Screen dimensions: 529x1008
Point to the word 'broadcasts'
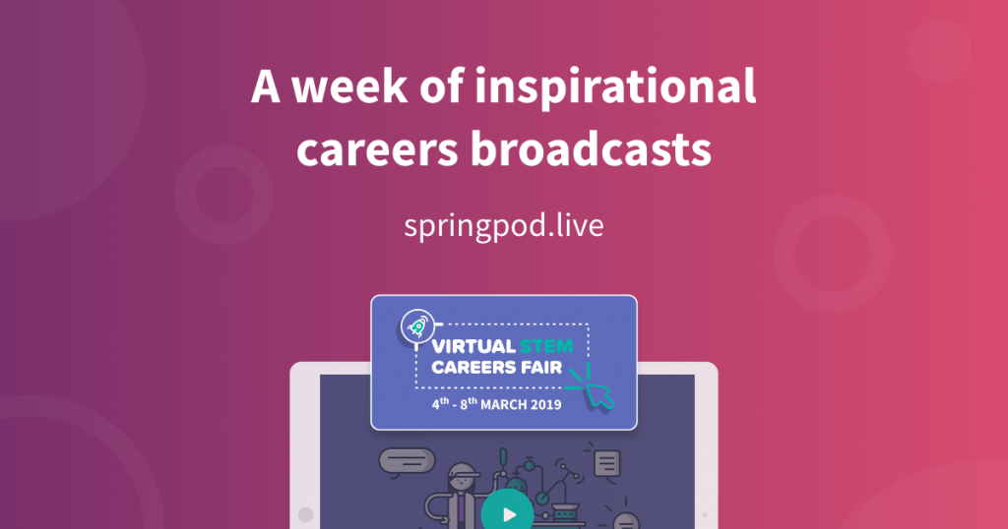(590, 151)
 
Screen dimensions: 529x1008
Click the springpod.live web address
(503, 225)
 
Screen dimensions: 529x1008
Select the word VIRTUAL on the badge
(474, 346)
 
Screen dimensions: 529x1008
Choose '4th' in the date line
(440, 403)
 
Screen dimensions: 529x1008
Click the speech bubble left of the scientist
(406, 459)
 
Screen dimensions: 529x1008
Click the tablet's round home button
(305, 514)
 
